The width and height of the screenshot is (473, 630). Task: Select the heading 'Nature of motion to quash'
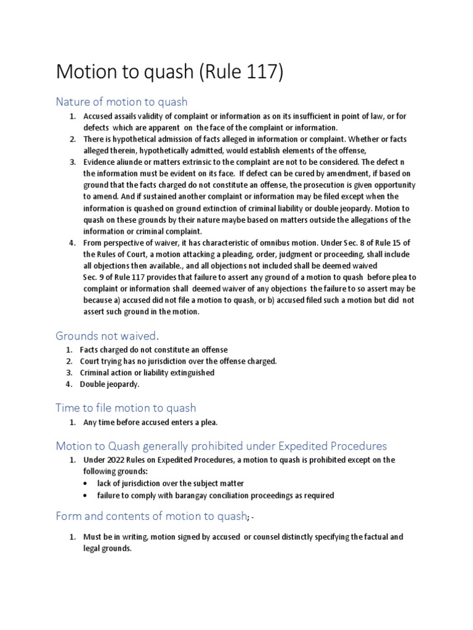pyautogui.click(x=121, y=102)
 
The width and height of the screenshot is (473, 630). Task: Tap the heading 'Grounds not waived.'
pyautogui.click(x=107, y=335)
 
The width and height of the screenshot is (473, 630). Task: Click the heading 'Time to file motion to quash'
pyautogui.click(x=126, y=407)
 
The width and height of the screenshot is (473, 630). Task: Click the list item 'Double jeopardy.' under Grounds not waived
pyautogui.click(x=110, y=385)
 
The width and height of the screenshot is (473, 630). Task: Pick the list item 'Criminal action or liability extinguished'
pyautogui.click(x=147, y=373)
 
